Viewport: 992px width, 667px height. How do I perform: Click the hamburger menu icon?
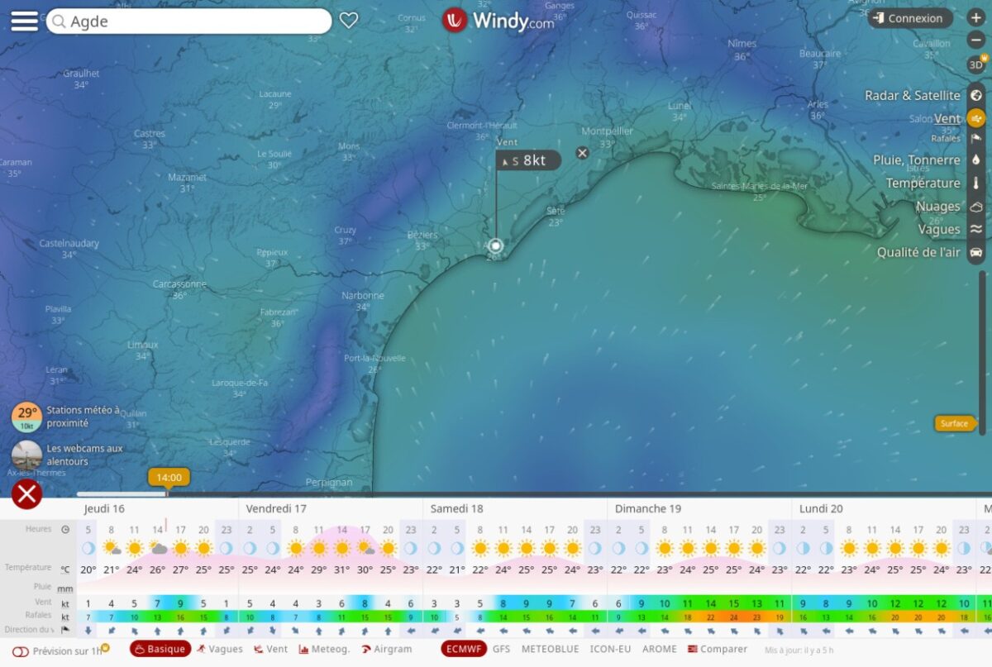point(24,21)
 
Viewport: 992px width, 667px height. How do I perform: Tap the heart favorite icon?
point(349,21)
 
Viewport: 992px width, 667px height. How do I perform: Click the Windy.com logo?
point(498,21)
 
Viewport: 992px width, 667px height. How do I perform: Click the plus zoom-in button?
point(975,17)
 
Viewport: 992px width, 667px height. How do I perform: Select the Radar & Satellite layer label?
point(912,96)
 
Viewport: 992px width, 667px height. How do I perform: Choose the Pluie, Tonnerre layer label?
point(916,160)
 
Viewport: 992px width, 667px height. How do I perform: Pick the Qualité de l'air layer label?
point(918,252)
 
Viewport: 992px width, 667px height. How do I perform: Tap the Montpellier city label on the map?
point(607,131)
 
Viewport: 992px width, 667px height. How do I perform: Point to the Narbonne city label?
point(363,296)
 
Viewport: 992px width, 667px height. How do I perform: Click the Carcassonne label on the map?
point(179,284)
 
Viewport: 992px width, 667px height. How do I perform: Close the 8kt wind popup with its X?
point(582,153)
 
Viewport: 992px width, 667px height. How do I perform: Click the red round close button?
point(27,494)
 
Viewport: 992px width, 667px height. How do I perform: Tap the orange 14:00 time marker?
point(169,478)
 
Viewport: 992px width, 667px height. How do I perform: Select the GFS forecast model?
point(501,650)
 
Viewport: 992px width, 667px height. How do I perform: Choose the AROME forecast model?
point(660,650)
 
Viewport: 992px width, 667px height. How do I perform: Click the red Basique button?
point(160,650)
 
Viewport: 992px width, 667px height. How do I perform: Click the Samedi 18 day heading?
point(456,509)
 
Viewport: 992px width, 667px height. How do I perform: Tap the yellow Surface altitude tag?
point(953,424)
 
